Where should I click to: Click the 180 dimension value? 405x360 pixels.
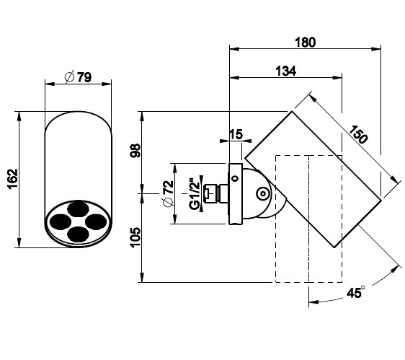point(305,43)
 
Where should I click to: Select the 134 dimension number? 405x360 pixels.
point(285,71)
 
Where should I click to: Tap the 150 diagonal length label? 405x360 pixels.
point(358,134)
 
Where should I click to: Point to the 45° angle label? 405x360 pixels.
point(356,292)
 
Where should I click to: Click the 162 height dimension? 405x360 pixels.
point(13,179)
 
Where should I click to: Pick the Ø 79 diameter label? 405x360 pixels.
point(78,76)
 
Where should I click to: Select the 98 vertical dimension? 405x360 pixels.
point(135,151)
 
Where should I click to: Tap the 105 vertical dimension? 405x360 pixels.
point(135,237)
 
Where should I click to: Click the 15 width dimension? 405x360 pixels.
point(236,134)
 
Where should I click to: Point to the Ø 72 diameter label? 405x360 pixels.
point(168,193)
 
